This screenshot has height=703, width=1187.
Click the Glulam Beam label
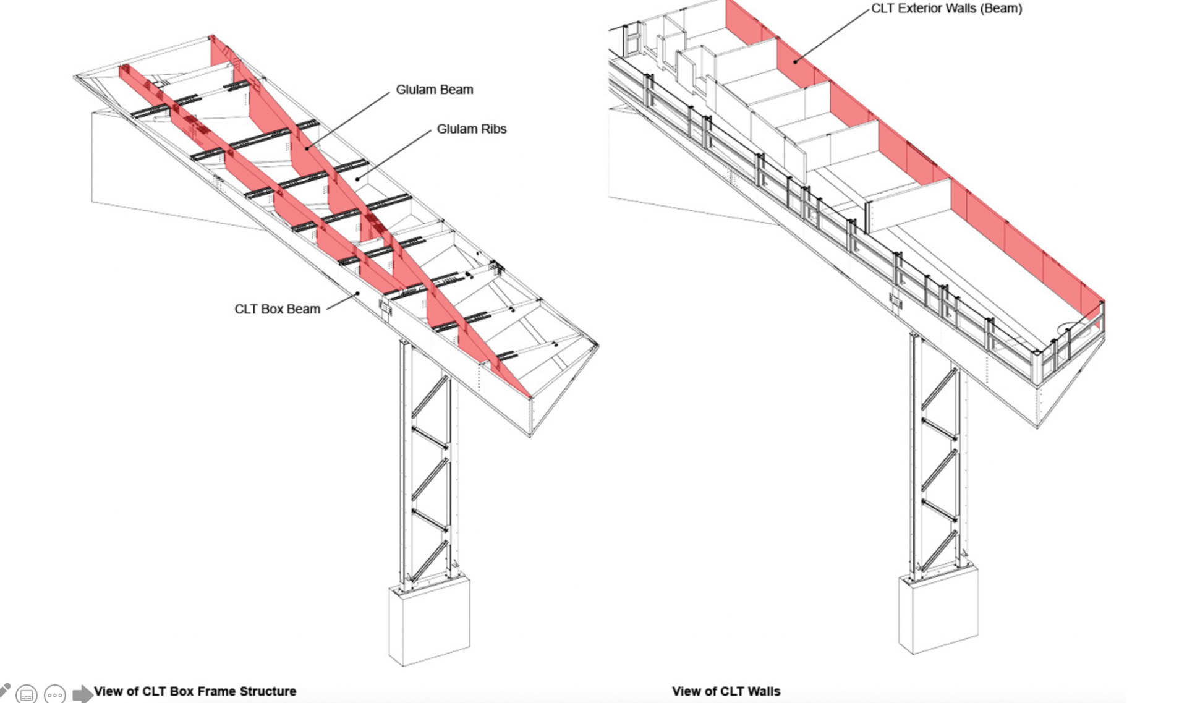tap(434, 90)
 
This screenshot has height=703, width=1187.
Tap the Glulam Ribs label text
tap(471, 129)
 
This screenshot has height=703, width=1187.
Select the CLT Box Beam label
tap(277, 309)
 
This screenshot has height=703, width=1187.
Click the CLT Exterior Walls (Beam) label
tap(946, 9)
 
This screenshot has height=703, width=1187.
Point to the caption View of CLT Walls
tap(726, 691)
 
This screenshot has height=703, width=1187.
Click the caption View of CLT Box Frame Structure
tap(195, 691)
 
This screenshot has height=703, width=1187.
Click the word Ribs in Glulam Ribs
tap(491, 129)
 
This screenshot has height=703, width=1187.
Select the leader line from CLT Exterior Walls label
tap(832, 35)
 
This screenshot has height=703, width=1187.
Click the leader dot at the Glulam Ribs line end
tap(357, 179)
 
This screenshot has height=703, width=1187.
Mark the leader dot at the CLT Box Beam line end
tap(357, 294)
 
